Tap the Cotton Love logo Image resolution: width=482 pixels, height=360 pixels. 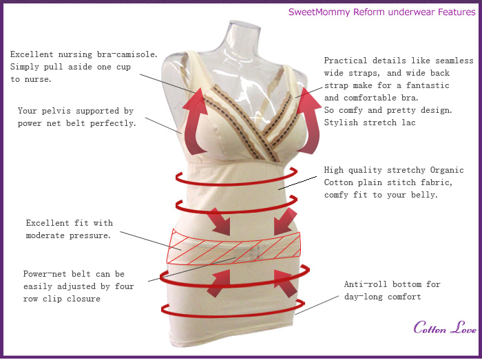[445, 328]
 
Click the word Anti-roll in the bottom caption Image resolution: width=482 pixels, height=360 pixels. [366, 284]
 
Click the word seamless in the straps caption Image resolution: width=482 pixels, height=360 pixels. [454, 61]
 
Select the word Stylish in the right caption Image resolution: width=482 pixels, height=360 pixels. [341, 123]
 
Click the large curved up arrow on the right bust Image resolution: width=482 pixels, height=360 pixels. [310, 120]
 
